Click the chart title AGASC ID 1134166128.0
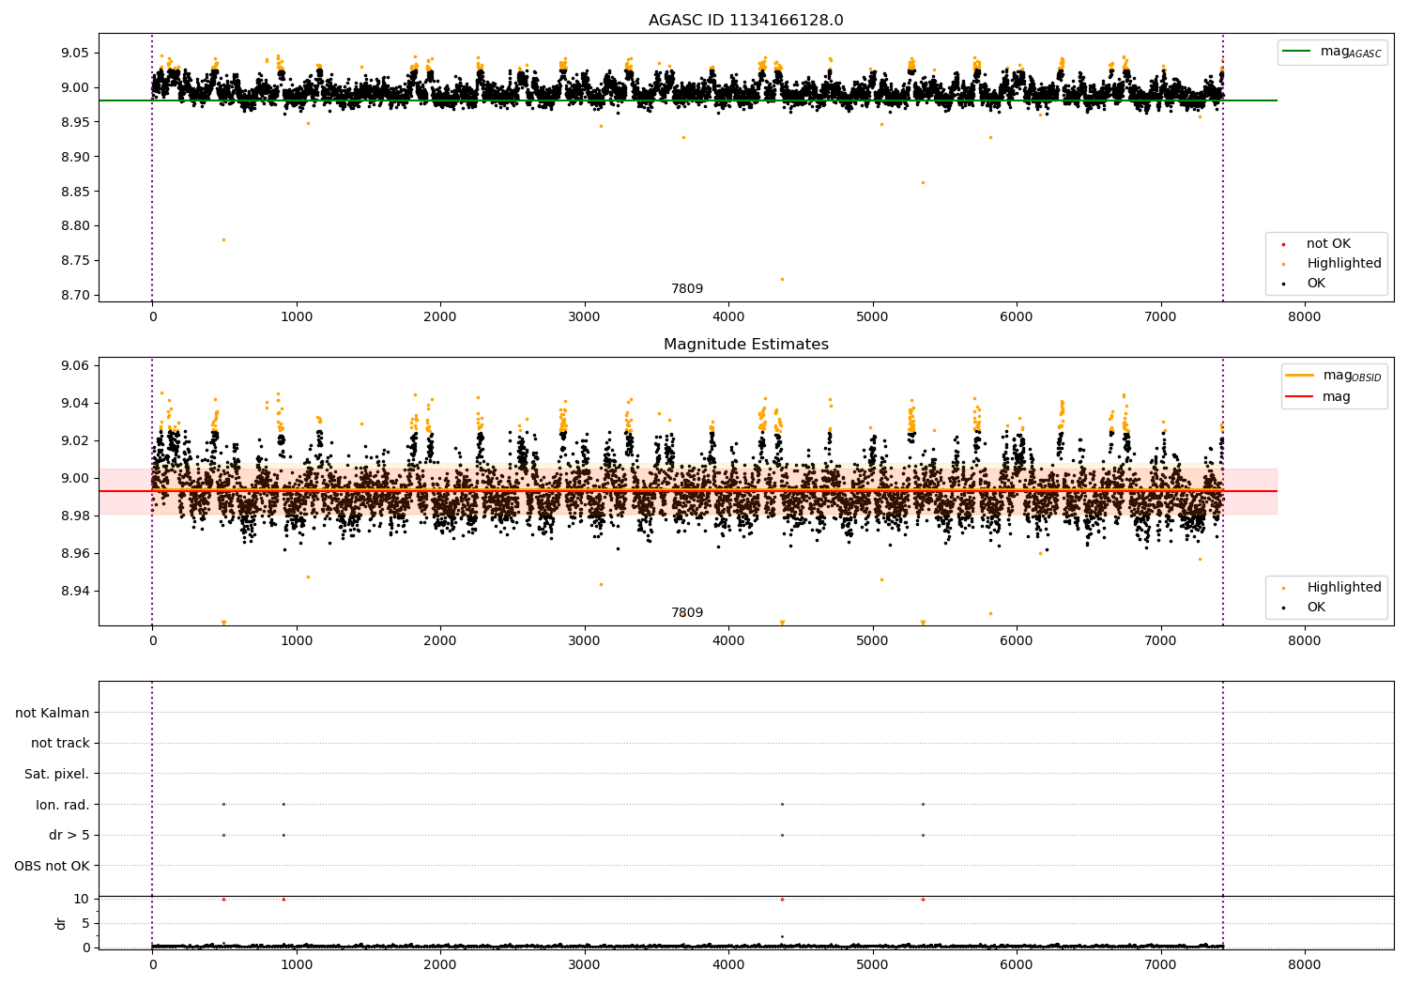coord(745,21)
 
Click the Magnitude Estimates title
coord(745,345)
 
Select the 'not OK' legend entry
coord(1327,244)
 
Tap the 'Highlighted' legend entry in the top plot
coord(1343,264)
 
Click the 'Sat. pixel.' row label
coord(56,774)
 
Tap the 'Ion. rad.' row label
coord(62,805)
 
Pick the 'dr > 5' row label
coord(69,835)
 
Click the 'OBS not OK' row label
coord(52,866)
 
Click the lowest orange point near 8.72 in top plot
coord(782,279)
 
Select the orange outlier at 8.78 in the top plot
coord(223,239)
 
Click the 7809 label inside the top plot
coord(686,289)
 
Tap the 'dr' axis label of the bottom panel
coord(61,923)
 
